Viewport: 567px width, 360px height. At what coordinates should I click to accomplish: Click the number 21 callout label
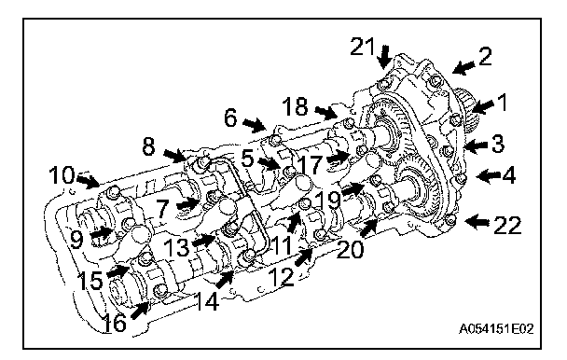[363, 47]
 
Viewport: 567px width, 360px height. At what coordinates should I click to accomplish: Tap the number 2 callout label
[485, 57]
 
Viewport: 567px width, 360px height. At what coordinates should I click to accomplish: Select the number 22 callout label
[507, 225]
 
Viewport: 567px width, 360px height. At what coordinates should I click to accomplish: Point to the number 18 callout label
[295, 106]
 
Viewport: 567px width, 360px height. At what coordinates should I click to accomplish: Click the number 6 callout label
[230, 118]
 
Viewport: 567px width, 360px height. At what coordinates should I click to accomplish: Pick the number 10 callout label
[62, 174]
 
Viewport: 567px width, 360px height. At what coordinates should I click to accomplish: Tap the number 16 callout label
[115, 322]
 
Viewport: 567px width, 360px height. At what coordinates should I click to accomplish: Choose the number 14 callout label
[206, 301]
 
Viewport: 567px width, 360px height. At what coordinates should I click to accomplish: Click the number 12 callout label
[282, 277]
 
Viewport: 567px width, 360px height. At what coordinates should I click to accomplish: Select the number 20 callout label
[350, 249]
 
